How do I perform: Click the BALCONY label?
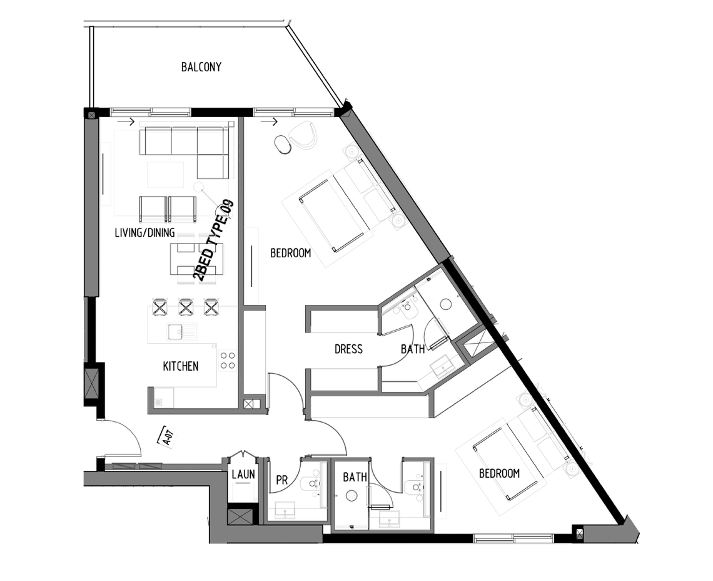point(201,67)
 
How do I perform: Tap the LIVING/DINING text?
point(144,233)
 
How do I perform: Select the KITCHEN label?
point(181,366)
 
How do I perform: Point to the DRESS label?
point(348,349)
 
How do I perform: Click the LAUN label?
point(243,474)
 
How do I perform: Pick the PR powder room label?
point(282,480)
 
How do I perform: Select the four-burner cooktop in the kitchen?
point(228,360)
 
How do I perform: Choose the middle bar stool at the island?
point(186,307)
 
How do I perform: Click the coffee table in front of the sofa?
point(165,175)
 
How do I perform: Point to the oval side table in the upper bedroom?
point(283,145)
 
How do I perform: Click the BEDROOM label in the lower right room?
point(499,473)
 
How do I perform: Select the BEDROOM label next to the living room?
point(291,253)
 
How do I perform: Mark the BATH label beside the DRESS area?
point(412,349)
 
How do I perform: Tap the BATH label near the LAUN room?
point(355,477)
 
